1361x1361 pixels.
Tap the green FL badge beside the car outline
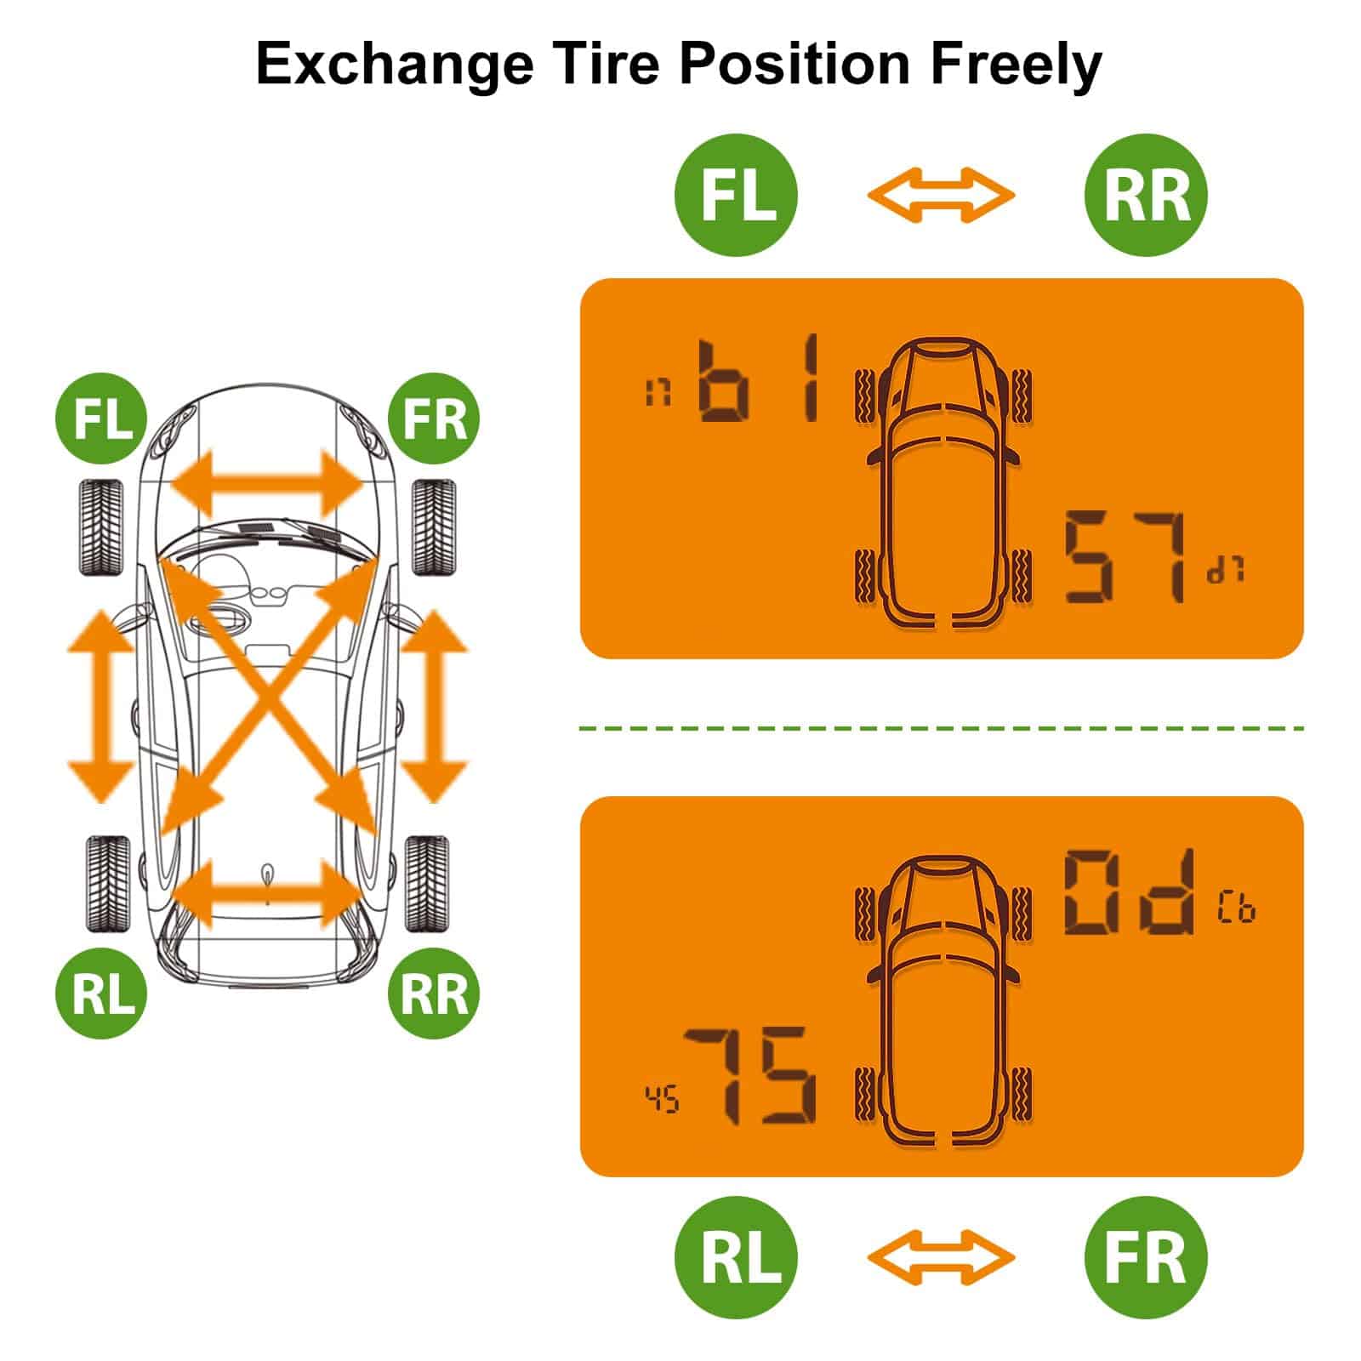tap(100, 418)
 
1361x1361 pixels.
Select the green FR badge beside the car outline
tap(434, 418)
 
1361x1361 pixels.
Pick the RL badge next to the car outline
tap(100, 993)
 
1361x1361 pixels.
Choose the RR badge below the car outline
tap(434, 993)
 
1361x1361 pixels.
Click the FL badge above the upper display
tap(737, 195)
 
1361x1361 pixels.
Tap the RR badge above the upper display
tap(1146, 195)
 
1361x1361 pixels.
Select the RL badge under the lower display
tap(737, 1256)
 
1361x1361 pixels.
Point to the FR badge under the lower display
tap(1146, 1256)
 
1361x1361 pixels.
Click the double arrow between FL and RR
tap(941, 195)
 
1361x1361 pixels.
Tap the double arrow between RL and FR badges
tap(941, 1256)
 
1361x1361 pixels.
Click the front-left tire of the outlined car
tap(101, 527)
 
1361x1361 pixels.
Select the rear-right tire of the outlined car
tap(427, 884)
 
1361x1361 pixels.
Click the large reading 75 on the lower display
tap(749, 1076)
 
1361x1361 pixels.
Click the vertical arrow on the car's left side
tap(101, 705)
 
